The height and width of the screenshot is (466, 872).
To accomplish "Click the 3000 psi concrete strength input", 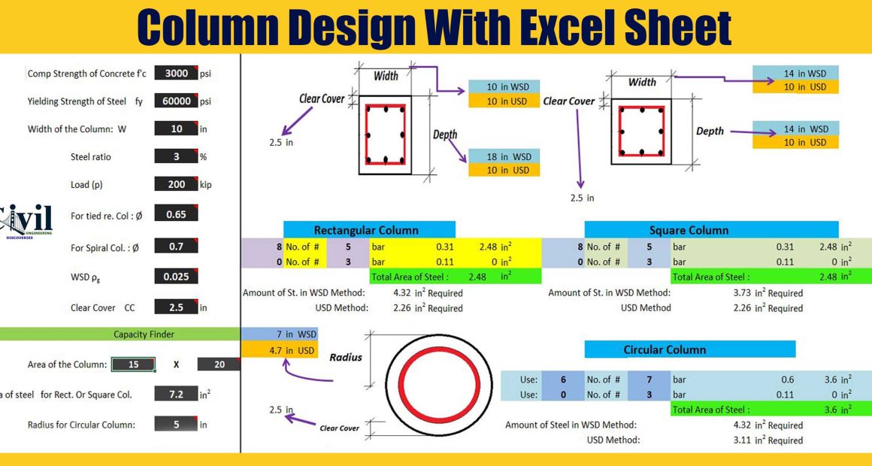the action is click(177, 73).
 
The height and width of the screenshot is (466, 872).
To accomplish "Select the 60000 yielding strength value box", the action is click(177, 101).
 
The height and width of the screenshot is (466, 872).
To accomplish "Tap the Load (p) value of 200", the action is click(177, 184).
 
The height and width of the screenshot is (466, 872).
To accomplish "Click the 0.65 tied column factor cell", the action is click(177, 213).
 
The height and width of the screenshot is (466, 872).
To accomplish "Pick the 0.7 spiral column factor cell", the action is click(177, 246).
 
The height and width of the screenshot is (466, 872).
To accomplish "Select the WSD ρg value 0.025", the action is click(177, 277).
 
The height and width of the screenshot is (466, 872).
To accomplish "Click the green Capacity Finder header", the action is click(120, 334).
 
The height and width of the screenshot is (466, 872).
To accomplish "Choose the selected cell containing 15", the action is click(134, 365).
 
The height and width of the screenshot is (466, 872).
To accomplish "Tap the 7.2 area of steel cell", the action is click(177, 395).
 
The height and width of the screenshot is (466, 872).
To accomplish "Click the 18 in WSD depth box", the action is click(504, 156).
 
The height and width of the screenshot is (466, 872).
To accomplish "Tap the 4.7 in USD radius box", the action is click(279, 350).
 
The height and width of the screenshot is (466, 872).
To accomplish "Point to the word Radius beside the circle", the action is click(345, 357).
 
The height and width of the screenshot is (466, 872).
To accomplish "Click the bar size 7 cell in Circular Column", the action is click(649, 380).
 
